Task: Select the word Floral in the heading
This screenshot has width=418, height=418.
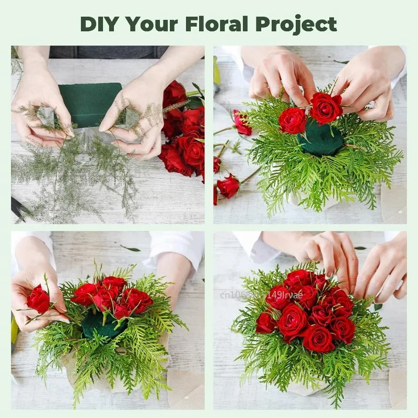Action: coord(217,24)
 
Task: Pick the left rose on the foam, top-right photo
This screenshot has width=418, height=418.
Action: coord(293,120)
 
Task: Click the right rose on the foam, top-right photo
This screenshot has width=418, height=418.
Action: coord(325,108)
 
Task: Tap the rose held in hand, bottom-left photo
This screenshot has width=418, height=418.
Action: coord(38,299)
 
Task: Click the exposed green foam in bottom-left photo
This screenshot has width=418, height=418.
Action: coord(99,325)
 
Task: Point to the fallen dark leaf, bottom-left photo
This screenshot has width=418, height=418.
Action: coord(130,248)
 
